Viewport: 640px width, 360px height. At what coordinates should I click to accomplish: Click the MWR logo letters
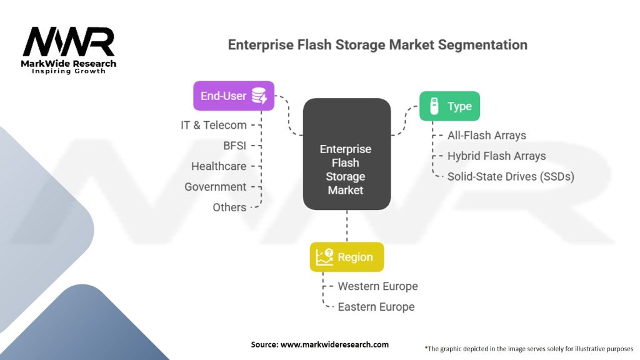(69, 42)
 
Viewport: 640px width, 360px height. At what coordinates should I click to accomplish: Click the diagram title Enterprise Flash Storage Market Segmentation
(377, 45)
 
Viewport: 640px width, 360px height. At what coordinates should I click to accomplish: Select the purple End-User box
(234, 96)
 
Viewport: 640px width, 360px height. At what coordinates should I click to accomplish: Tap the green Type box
(449, 106)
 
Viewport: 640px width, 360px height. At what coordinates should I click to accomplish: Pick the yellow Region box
(347, 257)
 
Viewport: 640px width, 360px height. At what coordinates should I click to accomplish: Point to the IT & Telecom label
(214, 125)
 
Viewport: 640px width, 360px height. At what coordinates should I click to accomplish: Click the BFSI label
(234, 146)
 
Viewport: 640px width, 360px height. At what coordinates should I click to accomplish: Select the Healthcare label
(219, 166)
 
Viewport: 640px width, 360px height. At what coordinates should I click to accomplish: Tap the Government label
(216, 187)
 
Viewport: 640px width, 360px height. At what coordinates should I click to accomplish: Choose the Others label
(229, 207)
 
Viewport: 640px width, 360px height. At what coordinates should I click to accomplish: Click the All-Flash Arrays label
(487, 135)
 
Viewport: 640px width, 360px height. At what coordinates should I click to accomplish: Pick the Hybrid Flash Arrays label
(496, 156)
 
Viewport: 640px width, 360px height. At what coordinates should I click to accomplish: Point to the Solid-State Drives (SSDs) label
(511, 176)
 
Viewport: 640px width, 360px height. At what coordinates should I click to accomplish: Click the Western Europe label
(377, 286)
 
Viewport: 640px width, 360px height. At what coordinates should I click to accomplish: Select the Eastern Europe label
(376, 307)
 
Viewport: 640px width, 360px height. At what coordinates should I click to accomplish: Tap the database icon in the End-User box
(259, 96)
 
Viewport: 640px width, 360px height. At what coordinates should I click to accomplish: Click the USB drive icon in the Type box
(432, 106)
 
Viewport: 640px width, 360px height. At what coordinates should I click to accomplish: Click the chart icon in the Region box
(324, 257)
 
